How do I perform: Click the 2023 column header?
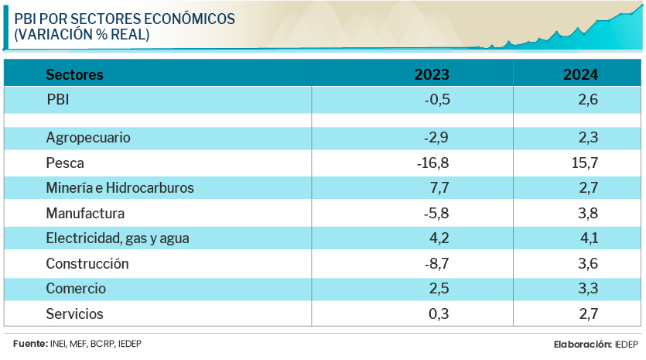pos(432,74)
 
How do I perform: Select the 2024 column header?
pos(580,74)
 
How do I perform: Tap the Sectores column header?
pos(74,74)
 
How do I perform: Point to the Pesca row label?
pos(65,163)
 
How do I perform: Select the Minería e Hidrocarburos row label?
pos(120,188)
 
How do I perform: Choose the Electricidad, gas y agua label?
pos(118,238)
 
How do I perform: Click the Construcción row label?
pos(87,263)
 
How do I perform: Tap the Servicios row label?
pos(74,314)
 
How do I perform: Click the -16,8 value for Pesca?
pos(432,163)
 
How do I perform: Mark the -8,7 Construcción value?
pos(436,263)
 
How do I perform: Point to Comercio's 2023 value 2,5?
pos(439,289)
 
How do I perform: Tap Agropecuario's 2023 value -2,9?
pos(436,138)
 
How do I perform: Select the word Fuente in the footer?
pos(29,344)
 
